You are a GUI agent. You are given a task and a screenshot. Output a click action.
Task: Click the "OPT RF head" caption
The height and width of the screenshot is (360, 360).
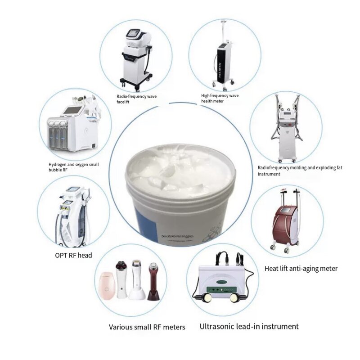coord(73,255)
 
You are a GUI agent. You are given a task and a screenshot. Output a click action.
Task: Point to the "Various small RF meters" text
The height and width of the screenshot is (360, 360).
coord(147,327)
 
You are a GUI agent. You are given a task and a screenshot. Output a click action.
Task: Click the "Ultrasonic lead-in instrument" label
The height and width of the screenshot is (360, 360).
coord(249,326)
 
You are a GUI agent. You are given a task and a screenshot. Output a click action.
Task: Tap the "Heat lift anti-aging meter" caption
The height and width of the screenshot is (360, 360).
coord(301,269)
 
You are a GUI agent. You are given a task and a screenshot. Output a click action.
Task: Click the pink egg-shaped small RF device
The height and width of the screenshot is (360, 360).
coord(107,284)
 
